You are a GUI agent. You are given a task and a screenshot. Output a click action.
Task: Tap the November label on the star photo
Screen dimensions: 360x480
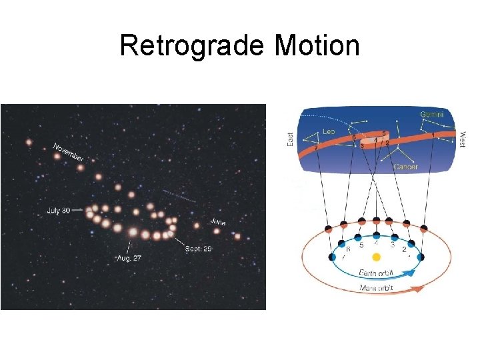(69, 153)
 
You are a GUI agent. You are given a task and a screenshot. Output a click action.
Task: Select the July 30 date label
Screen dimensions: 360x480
(59, 211)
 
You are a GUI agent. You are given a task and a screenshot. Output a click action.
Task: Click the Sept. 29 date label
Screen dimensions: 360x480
(198, 248)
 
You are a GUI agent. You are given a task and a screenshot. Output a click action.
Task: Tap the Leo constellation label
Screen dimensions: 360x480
(329, 132)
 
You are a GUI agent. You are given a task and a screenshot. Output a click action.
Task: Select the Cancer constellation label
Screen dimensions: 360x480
(405, 167)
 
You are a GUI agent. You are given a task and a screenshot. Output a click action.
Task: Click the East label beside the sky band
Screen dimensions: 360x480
(290, 139)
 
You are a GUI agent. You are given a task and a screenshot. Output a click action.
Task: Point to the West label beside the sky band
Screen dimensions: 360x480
(462, 139)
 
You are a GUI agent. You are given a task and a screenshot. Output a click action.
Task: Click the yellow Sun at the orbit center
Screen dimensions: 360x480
(377, 257)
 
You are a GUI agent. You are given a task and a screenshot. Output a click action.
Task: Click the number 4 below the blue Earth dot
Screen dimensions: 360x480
(377, 244)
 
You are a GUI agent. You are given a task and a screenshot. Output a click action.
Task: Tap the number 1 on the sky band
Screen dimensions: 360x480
(433, 135)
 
